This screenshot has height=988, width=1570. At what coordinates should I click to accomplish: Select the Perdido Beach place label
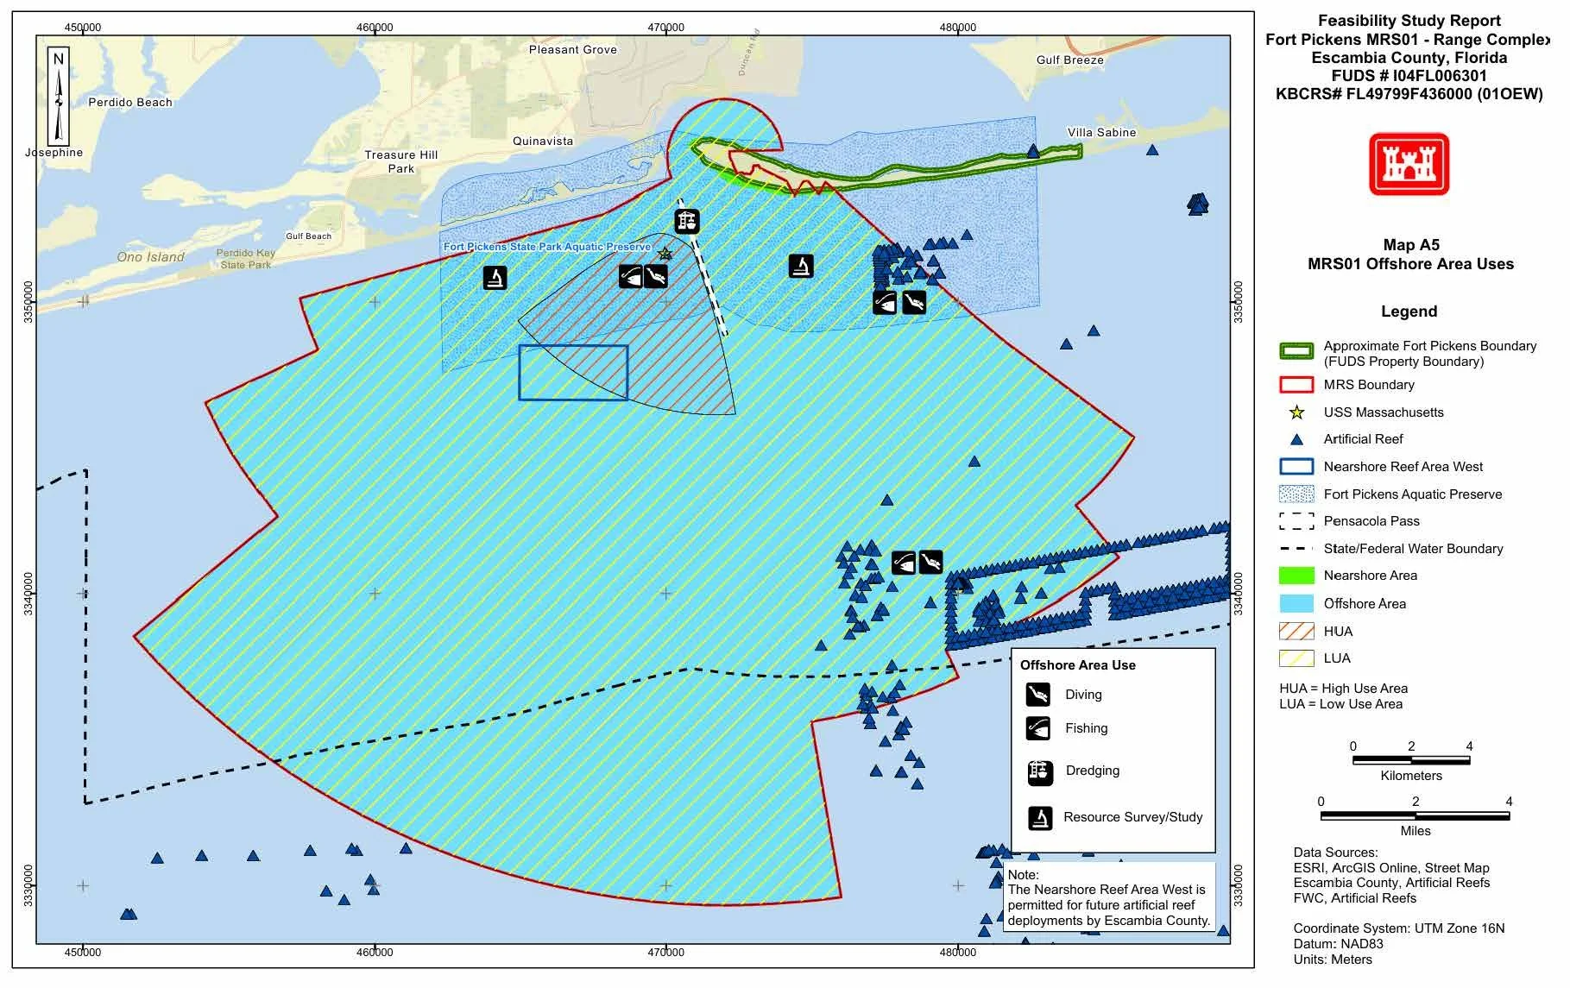(131, 103)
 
